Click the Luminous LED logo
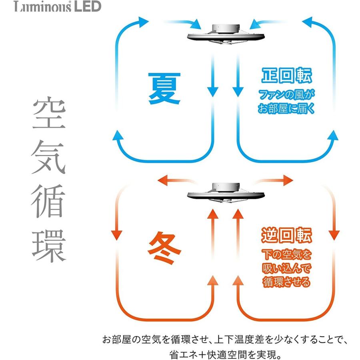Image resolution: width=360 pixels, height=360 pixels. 58,7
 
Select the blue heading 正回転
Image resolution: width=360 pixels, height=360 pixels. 286,76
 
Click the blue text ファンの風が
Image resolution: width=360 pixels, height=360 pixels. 286,96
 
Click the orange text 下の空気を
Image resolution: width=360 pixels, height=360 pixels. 286,254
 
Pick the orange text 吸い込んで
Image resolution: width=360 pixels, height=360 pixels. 286,268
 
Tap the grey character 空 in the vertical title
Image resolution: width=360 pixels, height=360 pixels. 48,115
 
